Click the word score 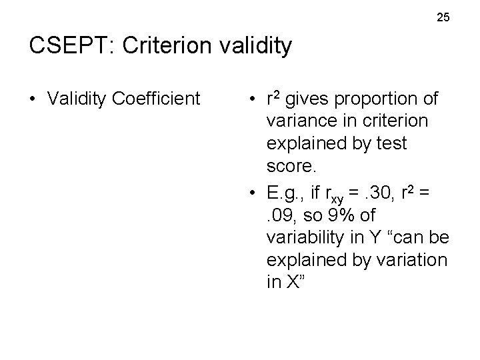pos(286,164)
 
